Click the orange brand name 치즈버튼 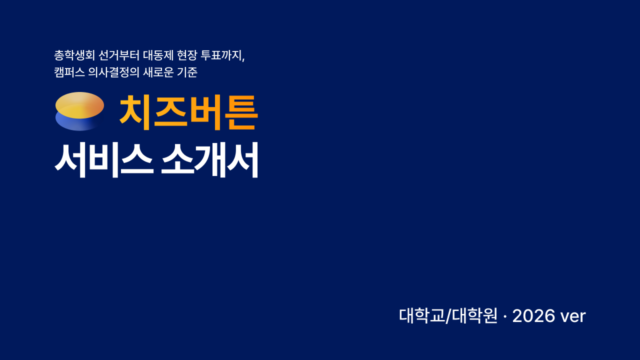pyautogui.click(x=188, y=112)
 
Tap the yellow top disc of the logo pyautogui.click(x=79, y=105)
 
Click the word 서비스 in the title pyautogui.click(x=104, y=160)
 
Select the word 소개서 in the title pyautogui.click(x=209, y=160)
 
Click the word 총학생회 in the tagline pyautogui.click(x=74, y=55)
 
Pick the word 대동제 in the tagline pyautogui.click(x=158, y=55)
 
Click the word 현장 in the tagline pyautogui.click(x=187, y=55)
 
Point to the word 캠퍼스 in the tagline pyautogui.click(x=69, y=72)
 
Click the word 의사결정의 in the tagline pyautogui.click(x=113, y=72)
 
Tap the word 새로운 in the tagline pyautogui.click(x=158, y=72)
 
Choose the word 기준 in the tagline pyautogui.click(x=187, y=72)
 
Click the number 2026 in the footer pyautogui.click(x=533, y=316)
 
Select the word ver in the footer pyautogui.click(x=573, y=317)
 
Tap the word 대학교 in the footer pyautogui.click(x=422, y=315)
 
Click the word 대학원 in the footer pyautogui.click(x=474, y=315)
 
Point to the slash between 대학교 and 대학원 pyautogui.click(x=448, y=316)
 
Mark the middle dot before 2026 pyautogui.click(x=505, y=316)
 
